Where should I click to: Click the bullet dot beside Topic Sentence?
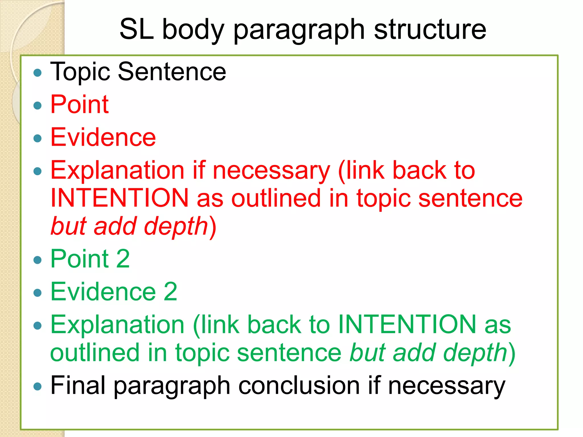tap(37, 73)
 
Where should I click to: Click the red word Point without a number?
tap(79, 104)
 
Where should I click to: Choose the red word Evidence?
tap(103, 137)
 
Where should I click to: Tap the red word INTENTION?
tap(120, 198)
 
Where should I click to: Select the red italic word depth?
tap(176, 226)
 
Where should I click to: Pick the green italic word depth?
tap(475, 353)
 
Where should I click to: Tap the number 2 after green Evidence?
tap(170, 292)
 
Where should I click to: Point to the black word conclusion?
tap(299, 386)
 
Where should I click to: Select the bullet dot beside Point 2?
tap(37, 260)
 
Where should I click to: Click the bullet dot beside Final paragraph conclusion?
tap(37, 387)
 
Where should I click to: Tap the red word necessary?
tap(271, 171)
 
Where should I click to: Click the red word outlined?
tap(276, 198)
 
